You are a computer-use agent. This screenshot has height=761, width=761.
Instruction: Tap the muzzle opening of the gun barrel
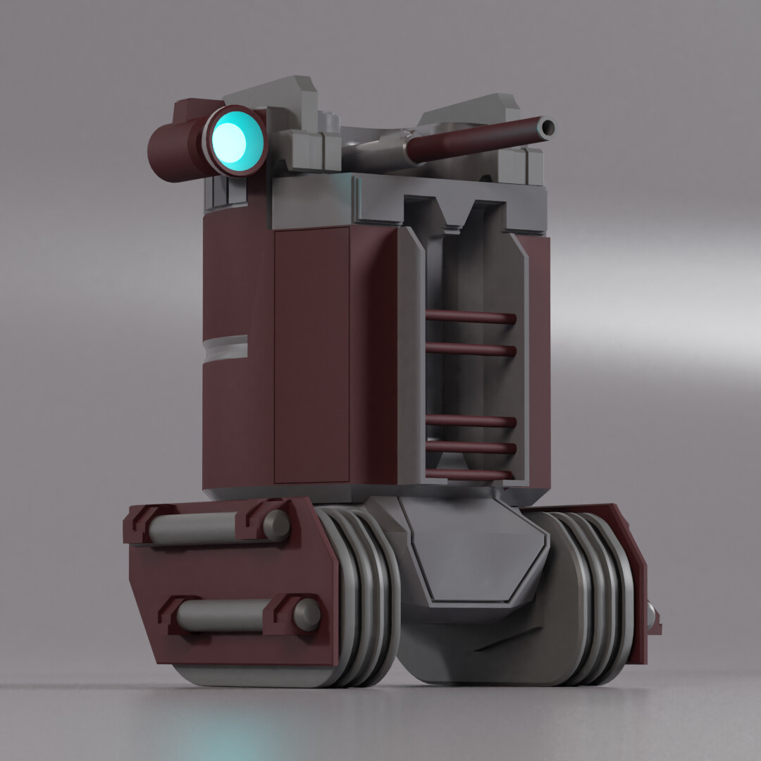point(546,128)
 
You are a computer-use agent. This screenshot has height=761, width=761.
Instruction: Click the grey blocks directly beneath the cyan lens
point(225,192)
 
